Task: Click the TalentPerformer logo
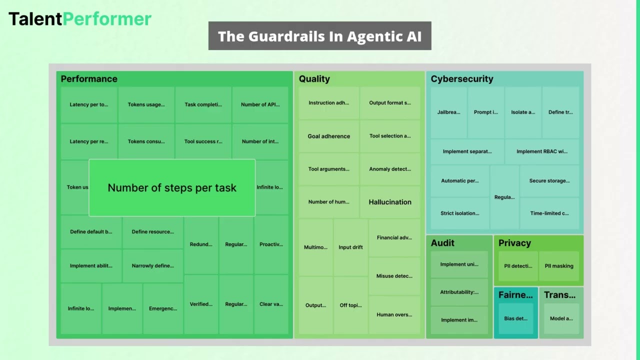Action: [x=80, y=19]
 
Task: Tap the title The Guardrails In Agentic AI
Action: [x=319, y=36]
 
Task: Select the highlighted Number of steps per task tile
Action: [x=172, y=188]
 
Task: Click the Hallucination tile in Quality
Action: [x=390, y=202]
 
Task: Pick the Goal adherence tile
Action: [x=328, y=136]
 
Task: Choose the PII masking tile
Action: [x=559, y=266]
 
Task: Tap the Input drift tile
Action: [x=350, y=247]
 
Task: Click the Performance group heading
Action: [x=89, y=79]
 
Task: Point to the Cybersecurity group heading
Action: [x=462, y=79]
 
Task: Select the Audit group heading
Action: [x=442, y=243]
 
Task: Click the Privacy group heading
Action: [x=514, y=243]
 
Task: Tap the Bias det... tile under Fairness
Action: [x=515, y=318]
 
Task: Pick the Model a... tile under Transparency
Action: [x=561, y=318]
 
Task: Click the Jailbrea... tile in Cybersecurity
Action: [x=448, y=112]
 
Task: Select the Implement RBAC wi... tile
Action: [x=542, y=151]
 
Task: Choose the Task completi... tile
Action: [x=203, y=104]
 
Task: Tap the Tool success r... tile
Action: [x=203, y=141]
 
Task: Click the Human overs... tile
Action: [x=394, y=314]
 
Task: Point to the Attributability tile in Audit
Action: [x=459, y=292]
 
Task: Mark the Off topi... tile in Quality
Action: [x=350, y=305]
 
